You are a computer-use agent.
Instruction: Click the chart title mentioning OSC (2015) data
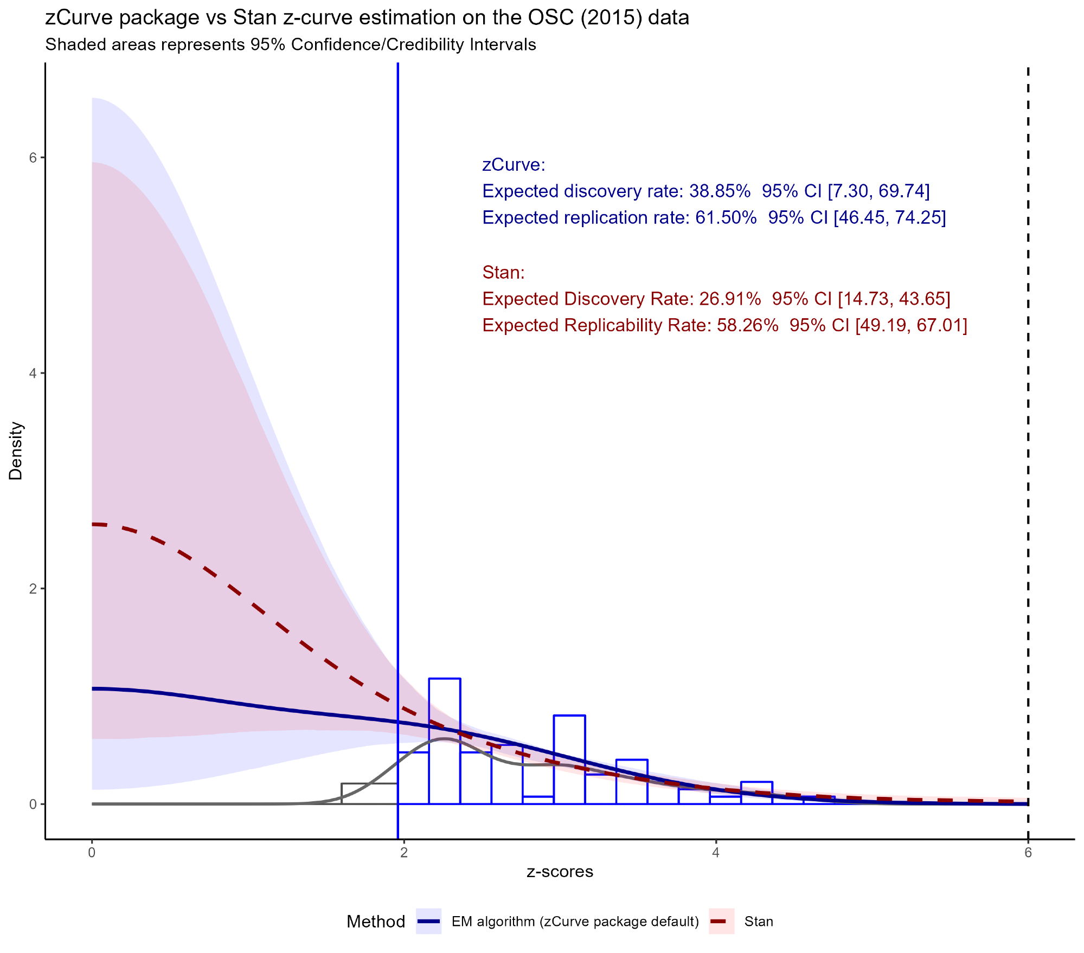click(367, 18)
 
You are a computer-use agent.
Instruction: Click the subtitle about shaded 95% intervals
click(291, 44)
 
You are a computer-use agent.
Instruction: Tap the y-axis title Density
click(16, 451)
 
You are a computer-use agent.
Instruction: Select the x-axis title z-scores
click(560, 872)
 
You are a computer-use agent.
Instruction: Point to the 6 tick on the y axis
click(33, 158)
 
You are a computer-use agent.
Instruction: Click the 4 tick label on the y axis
click(33, 373)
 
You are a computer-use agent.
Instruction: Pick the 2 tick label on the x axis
click(403, 853)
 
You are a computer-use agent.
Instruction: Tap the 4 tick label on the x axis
click(716, 853)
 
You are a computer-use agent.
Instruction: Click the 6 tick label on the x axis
click(1028, 853)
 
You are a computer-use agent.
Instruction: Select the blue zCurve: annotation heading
click(514, 165)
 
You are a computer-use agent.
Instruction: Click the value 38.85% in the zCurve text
click(720, 191)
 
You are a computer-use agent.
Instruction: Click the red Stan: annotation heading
click(503, 272)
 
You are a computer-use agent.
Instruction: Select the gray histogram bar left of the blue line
click(369, 794)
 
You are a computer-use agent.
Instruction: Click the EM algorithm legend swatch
click(428, 922)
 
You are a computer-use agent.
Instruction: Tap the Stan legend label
click(759, 922)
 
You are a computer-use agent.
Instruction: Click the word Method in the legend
click(376, 922)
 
